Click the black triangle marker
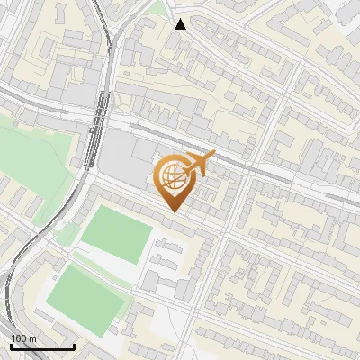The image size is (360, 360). pyautogui.click(x=181, y=24)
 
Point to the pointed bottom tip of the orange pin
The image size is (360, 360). pyautogui.click(x=173, y=211)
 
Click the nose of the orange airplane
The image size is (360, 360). pyautogui.click(x=214, y=153)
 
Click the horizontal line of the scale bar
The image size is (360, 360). pyautogui.click(x=42, y=346)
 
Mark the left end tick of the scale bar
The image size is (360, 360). pyautogui.click(x=11, y=345)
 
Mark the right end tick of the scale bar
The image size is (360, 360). pyautogui.click(x=74, y=345)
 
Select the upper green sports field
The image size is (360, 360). pyautogui.click(x=116, y=234)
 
